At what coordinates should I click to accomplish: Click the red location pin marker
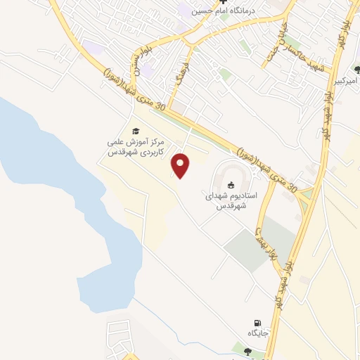(182, 164)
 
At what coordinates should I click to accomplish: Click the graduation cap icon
(136, 130)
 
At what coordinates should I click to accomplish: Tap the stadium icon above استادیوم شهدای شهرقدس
(231, 185)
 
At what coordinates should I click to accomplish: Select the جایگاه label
(254, 333)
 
